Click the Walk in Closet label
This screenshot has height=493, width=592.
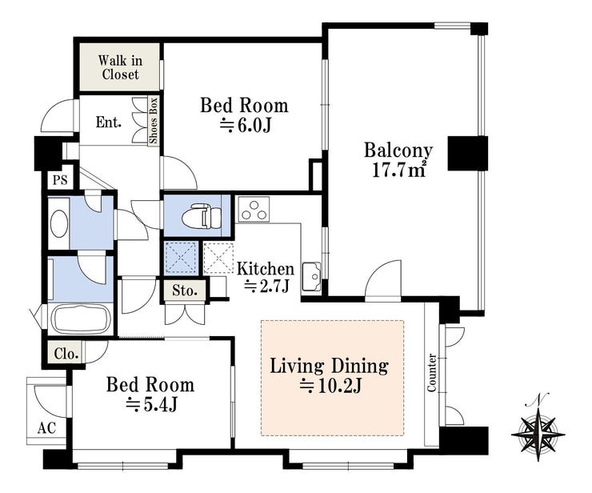tap(121, 67)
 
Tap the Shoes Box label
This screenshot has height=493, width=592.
tap(154, 121)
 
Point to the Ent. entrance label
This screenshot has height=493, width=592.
tap(108, 122)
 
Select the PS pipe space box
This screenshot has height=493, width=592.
tap(60, 180)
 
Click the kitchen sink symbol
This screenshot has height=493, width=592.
tap(311, 276)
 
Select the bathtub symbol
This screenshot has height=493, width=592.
tap(81, 318)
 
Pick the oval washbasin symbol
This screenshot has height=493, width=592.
tap(59, 223)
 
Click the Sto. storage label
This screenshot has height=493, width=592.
tap(185, 291)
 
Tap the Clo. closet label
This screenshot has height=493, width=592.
tap(66, 354)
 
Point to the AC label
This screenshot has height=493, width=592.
tap(47, 428)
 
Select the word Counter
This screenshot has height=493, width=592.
tap(431, 372)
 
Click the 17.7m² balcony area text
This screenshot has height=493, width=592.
tap(399, 170)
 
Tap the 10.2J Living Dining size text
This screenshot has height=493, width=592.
tap(331, 386)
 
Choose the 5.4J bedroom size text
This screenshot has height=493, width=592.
tap(151, 405)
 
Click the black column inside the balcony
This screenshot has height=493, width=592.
tap(468, 153)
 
